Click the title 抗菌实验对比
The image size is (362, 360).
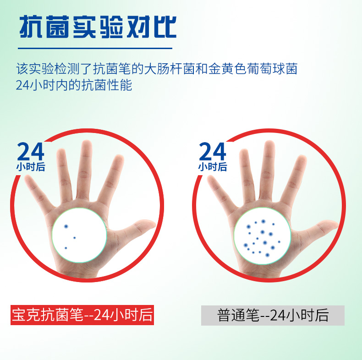coord(98,27)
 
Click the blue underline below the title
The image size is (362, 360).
coord(95,48)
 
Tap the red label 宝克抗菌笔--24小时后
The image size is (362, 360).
coord(82,315)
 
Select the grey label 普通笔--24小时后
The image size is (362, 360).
coord(273,316)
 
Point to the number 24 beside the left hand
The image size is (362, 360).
coord(31,151)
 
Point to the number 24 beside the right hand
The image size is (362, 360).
coord(213,151)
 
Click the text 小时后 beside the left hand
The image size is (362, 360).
coord(31,166)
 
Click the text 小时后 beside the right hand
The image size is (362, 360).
coord(213,166)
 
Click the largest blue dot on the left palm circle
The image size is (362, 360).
coord(66,227)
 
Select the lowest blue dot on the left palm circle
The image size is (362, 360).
coord(66,248)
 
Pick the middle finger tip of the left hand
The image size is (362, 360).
coord(87,144)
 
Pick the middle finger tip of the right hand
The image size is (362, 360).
coord(269,144)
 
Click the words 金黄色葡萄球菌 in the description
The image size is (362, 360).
coord(253,69)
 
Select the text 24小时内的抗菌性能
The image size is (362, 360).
coord(74,85)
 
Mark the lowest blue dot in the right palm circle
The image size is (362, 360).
coord(267,255)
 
